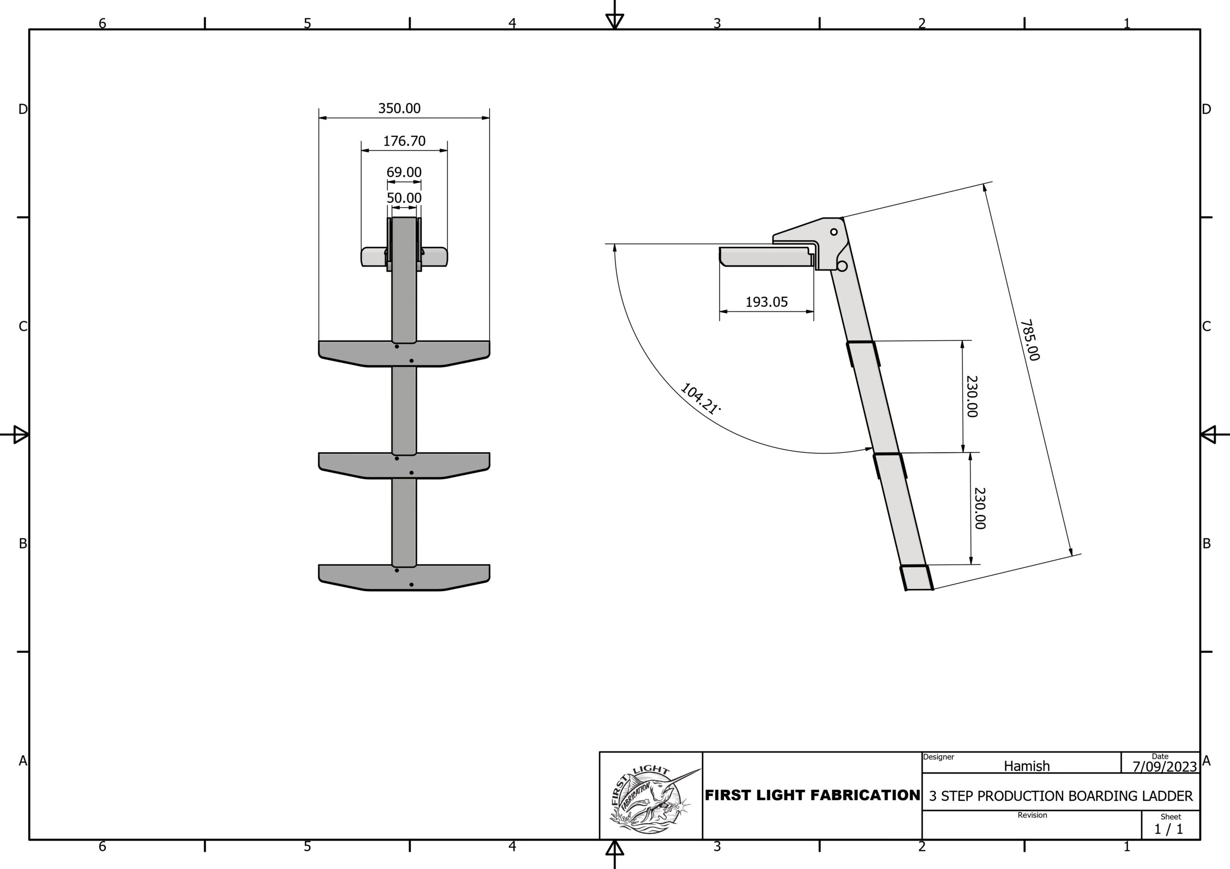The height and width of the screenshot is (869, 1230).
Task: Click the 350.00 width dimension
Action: point(399,108)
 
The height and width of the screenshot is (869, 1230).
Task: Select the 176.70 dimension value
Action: point(404,141)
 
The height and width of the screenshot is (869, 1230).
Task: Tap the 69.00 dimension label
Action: point(404,172)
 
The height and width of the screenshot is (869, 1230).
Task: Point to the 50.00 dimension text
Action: point(404,198)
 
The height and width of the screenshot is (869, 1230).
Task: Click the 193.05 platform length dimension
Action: point(767,302)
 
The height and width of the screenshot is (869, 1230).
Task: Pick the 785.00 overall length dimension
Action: point(1030,340)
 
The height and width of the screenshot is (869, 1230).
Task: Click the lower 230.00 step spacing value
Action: point(980,508)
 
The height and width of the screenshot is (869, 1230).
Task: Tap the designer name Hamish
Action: point(1026,766)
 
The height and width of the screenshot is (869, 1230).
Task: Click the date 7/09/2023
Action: point(1164,767)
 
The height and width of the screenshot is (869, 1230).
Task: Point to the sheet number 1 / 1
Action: point(1168,829)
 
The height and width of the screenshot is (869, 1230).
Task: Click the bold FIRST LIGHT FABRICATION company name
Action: point(812,796)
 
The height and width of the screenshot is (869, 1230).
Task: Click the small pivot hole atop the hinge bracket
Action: point(834,232)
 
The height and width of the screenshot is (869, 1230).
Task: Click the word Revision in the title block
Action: point(1032,815)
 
